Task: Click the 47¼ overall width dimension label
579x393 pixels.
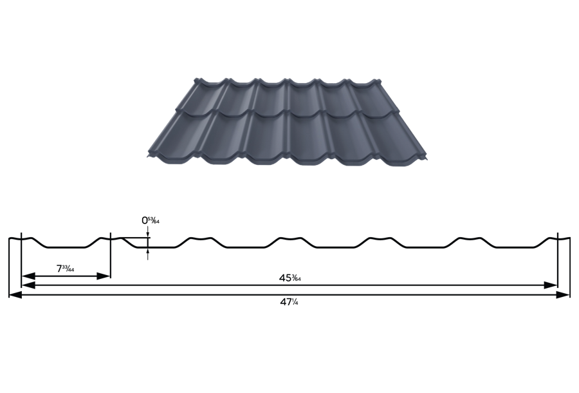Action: click(x=289, y=302)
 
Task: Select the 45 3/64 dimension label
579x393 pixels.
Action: click(x=290, y=278)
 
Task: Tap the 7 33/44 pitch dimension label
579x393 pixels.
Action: click(x=66, y=268)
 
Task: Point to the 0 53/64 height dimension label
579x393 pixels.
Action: click(x=151, y=220)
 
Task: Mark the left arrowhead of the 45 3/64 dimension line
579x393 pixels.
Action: click(x=26, y=285)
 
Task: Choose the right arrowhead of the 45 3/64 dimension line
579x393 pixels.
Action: click(x=553, y=285)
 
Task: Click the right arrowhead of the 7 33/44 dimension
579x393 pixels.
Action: click(x=106, y=276)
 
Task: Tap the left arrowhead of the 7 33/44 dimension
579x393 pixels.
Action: click(x=26, y=276)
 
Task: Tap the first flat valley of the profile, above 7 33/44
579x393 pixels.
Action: click(x=64, y=247)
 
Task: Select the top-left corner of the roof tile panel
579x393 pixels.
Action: click(x=196, y=77)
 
